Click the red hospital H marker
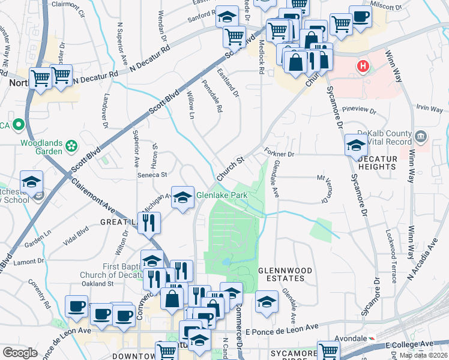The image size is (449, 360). point(363,67)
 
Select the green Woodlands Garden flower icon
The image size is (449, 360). point(71,145)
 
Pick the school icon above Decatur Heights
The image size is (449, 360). point(356,145)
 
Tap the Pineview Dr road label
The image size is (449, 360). point(358,111)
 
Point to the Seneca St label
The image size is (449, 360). point(153,175)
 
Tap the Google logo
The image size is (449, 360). point(20,352)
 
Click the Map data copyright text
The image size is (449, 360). point(425,355)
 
